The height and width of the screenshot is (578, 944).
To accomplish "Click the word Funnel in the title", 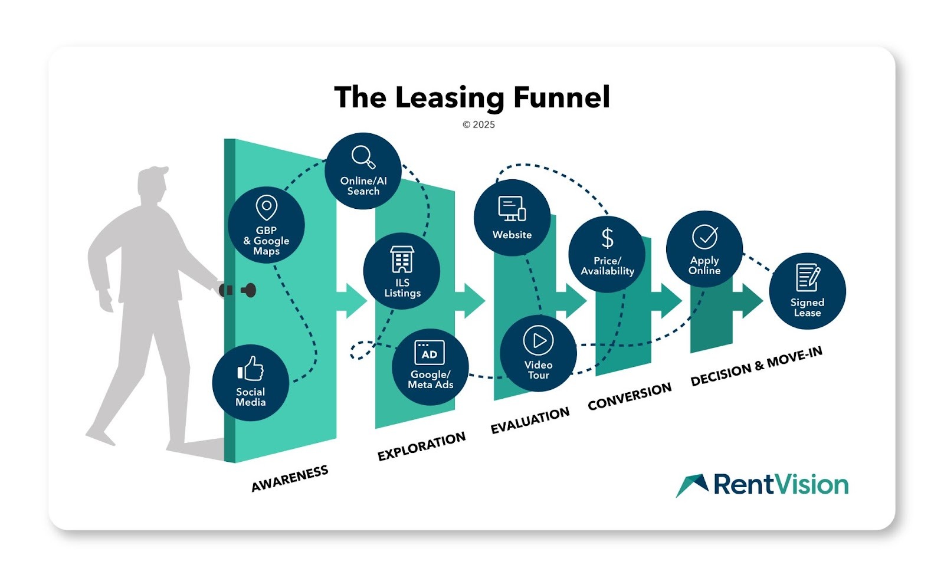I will (x=561, y=97).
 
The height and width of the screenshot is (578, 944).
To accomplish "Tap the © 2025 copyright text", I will (x=478, y=124).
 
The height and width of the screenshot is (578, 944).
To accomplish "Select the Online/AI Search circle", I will (x=363, y=171).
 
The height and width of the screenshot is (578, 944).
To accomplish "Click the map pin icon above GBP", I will (x=266, y=208).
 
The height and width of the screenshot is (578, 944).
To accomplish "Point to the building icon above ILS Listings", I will (x=402, y=260).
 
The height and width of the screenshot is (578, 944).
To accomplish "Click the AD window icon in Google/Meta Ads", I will (x=430, y=353).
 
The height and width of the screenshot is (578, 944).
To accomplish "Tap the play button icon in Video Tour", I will (x=538, y=340).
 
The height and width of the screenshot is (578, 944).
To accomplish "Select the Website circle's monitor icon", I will (x=512, y=209).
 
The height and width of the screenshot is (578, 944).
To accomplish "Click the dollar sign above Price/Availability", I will (x=607, y=238).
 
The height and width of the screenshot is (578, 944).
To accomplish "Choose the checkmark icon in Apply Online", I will (x=704, y=237).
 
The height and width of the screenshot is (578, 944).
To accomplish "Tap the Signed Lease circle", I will (x=807, y=291).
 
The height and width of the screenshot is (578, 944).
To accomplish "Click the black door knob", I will (x=249, y=290).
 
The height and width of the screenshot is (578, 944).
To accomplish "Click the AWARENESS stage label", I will (x=290, y=478).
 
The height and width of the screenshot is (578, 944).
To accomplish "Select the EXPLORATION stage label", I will (x=421, y=446).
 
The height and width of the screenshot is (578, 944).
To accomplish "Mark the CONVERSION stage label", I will (x=630, y=396).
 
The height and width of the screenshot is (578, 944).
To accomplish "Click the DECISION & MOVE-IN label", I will (x=756, y=366).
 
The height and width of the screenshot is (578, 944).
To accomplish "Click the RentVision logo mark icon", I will (x=693, y=485).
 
